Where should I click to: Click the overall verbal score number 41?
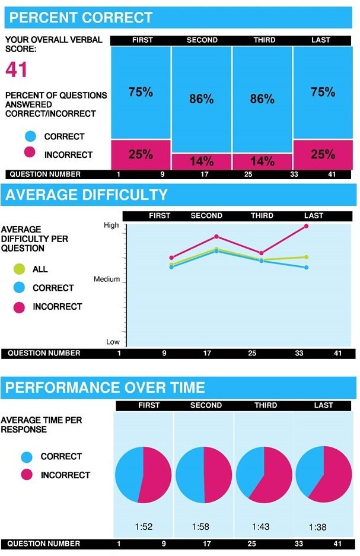pos(17,70)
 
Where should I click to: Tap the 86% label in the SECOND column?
pos(201,99)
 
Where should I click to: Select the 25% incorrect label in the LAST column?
pos(323,154)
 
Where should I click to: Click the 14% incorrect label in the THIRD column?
pos(262,161)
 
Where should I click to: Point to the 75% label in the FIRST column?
pos(141,92)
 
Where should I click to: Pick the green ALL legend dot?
pos(19,269)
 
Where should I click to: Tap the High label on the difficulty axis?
pos(111,225)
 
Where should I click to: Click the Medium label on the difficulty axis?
pos(107,279)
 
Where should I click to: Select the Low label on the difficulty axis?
pos(113,342)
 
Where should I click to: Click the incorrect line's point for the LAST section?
pos(307,226)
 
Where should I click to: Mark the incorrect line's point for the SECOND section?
pos(216,236)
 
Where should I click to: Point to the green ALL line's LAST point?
pos(307,257)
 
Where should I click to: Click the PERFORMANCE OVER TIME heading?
pos(105,388)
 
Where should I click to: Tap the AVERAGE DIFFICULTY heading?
pos(87,195)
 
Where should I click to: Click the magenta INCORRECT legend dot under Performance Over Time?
pos(27,475)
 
